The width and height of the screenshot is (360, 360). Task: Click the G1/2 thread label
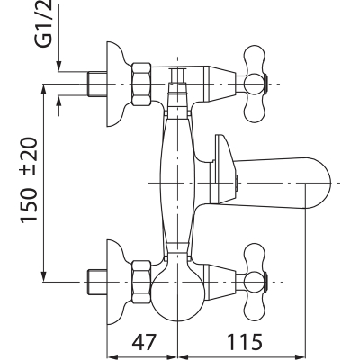pyautogui.click(x=44, y=24)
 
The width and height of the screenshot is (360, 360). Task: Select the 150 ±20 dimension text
pyautogui.click(x=30, y=180)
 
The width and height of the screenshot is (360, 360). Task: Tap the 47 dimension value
pyautogui.click(x=145, y=341)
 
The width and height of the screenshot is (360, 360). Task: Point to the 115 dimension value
pyautogui.click(x=244, y=341)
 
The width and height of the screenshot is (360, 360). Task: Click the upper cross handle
pyautogui.click(x=255, y=84)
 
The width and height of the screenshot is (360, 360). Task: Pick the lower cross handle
pyautogui.click(x=255, y=282)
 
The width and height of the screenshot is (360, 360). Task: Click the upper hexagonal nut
pyautogui.click(x=141, y=84)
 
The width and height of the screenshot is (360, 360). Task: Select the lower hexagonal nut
pyautogui.click(x=141, y=282)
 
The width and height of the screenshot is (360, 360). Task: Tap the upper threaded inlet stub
pyautogui.click(x=97, y=84)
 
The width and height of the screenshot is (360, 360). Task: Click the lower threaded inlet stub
pyautogui.click(x=97, y=282)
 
